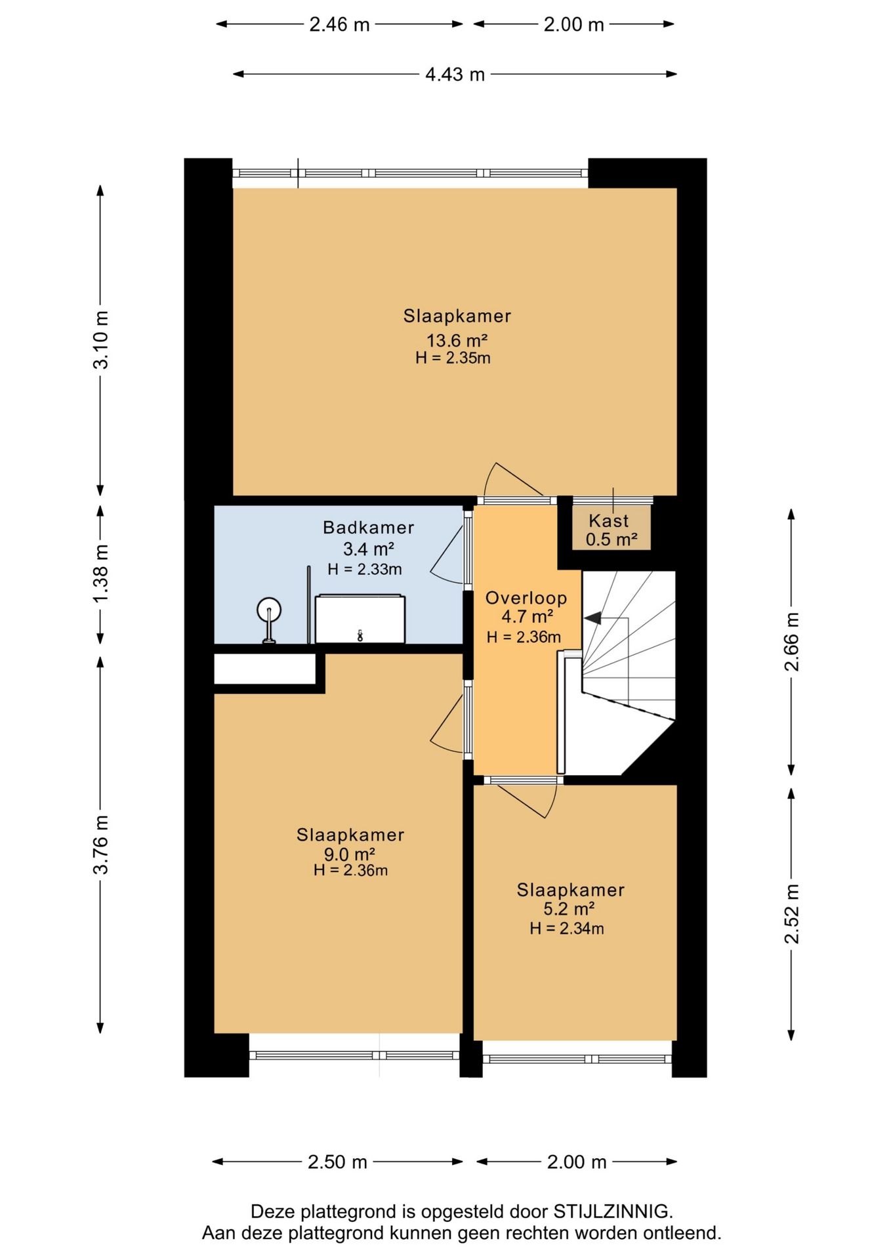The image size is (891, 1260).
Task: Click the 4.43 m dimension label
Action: (455, 74)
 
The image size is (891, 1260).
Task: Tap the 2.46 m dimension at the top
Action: (339, 24)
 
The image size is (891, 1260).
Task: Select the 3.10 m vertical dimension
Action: (100, 339)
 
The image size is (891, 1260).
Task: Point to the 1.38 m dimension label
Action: (100, 574)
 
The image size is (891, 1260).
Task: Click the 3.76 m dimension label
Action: (100, 845)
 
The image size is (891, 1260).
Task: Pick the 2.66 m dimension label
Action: (792, 641)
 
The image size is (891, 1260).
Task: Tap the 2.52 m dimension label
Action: (792, 913)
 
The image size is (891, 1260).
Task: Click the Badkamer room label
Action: (369, 527)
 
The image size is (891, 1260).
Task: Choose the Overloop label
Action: (526, 597)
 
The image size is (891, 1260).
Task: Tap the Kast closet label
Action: (609, 520)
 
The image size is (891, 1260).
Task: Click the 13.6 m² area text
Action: (457, 340)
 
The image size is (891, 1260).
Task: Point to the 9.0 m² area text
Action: (349, 854)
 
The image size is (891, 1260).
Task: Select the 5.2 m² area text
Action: (569, 908)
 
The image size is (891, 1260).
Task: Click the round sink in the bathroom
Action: (269, 611)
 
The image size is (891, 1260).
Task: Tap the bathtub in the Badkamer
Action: (360, 619)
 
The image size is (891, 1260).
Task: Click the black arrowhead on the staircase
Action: (592, 618)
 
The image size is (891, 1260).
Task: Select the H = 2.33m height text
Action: (365, 569)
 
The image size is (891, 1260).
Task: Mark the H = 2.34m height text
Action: (567, 928)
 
